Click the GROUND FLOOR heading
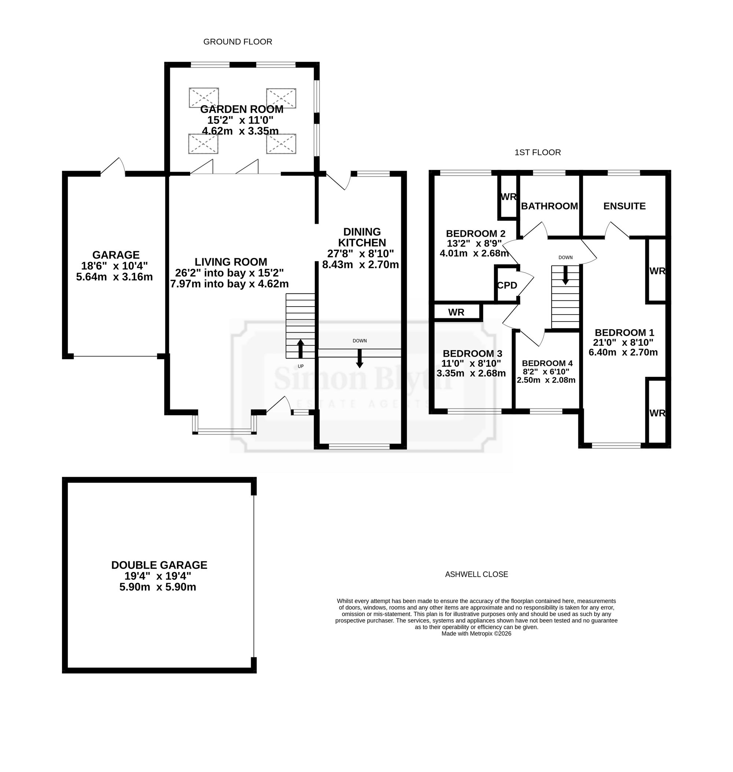[237, 42]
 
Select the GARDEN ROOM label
[242, 110]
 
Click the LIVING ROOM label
[231, 261]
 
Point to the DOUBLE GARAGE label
[159, 565]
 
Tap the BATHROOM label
[549, 206]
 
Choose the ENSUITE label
[625, 206]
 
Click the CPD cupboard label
[507, 285]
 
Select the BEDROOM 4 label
[547, 363]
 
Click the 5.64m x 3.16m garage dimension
[114, 277]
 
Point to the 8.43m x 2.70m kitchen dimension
[360, 264]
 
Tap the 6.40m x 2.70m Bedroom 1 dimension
[623, 352]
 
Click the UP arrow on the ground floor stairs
[301, 349]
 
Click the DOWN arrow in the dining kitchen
[360, 358]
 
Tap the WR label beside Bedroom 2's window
[508, 196]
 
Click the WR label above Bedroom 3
[456, 312]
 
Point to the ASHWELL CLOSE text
[476, 574]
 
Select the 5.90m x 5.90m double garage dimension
[158, 587]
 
